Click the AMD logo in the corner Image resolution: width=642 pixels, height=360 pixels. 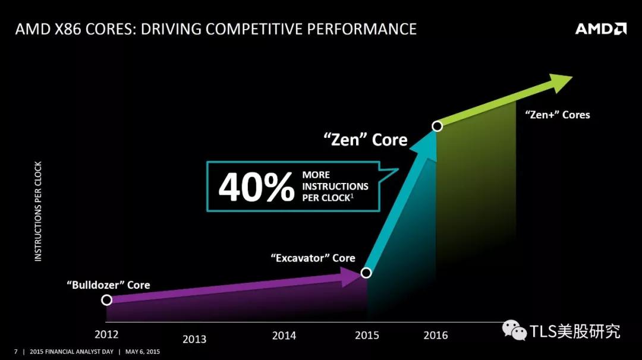(x=600, y=29)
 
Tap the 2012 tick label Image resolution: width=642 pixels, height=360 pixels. (x=106, y=334)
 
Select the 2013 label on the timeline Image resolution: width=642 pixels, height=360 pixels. (x=194, y=339)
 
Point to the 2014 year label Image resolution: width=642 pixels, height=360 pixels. (x=284, y=336)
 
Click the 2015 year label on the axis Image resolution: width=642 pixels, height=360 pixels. (x=367, y=335)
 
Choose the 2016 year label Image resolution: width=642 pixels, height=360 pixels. (x=436, y=335)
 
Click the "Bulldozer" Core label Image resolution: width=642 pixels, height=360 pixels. (x=108, y=285)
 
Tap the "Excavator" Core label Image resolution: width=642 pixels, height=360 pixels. (x=313, y=258)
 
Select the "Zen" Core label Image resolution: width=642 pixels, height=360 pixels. (x=366, y=140)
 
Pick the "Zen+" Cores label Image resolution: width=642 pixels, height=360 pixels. (x=558, y=115)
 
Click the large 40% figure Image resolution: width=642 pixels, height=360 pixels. (x=256, y=187)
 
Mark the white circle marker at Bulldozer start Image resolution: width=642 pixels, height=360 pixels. (x=107, y=300)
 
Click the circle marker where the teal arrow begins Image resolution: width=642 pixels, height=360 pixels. (x=366, y=273)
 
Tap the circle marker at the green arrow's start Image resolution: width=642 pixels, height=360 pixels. (x=437, y=126)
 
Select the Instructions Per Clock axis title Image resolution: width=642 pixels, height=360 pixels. (x=38, y=211)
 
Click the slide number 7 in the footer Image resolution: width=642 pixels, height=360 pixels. (x=15, y=352)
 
